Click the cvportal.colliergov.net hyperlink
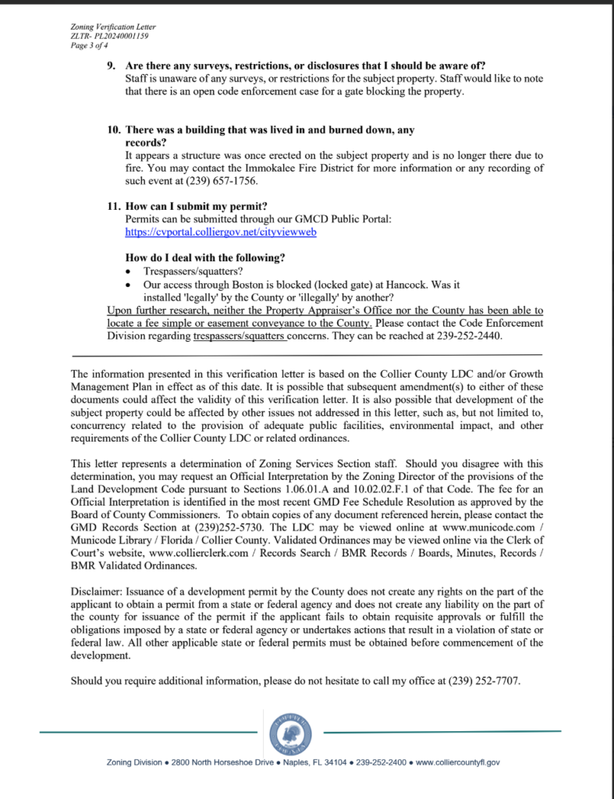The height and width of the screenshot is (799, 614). point(221,233)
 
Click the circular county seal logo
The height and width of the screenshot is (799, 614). point(290,733)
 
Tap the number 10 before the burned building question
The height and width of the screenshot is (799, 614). point(114,130)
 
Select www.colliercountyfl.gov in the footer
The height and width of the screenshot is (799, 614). point(458,762)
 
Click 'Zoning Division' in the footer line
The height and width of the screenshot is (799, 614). point(133,762)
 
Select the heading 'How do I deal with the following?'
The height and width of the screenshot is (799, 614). point(205,258)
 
